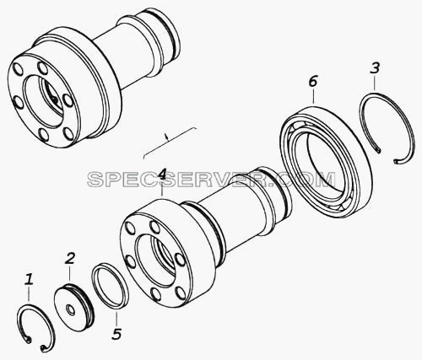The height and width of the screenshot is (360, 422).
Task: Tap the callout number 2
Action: pos(69,259)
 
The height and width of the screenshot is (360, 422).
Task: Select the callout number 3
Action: pos(375,68)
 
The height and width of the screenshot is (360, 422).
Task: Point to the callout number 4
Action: pos(161,175)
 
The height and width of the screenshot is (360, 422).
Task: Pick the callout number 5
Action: pos(116,334)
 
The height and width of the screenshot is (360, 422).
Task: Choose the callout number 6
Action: pos(312,82)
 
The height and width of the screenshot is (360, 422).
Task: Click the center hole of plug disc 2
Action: pos(69,310)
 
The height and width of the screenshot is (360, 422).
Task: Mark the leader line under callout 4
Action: pos(162,191)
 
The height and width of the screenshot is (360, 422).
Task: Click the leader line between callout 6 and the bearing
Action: pos(313,96)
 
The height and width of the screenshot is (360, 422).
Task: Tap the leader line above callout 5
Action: pos(116,318)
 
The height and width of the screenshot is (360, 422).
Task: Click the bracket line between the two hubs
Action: pos(168,141)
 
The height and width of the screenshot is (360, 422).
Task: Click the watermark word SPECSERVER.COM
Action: pos(212,180)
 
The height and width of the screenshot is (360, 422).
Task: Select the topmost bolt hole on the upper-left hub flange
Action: pos(42,67)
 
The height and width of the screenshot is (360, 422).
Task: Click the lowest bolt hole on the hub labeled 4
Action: pos(155,293)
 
